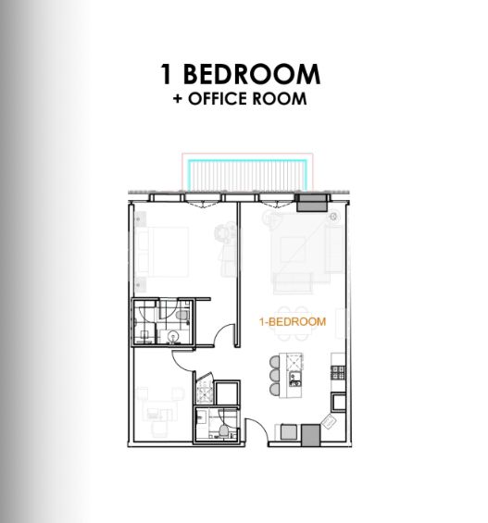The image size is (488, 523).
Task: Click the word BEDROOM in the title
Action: (252, 74)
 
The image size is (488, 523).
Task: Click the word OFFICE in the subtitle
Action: (218, 99)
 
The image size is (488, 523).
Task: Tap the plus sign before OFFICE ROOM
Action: (178, 99)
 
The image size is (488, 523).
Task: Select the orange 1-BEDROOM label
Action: (293, 321)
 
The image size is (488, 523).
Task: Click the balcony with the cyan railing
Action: (247, 176)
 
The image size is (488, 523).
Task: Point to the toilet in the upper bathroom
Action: (182, 316)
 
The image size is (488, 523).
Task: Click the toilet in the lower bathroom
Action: (223, 430)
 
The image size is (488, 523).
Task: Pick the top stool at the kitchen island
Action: (275, 362)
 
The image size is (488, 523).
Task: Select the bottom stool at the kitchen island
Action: (275, 390)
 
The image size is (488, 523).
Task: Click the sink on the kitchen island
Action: (295, 379)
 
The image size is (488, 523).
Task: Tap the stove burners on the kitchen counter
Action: (338, 373)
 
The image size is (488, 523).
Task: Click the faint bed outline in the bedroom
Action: (163, 252)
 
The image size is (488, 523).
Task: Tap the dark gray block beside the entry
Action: (311, 435)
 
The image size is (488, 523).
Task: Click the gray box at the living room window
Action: (311, 203)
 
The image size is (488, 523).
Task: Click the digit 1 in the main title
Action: (166, 74)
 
